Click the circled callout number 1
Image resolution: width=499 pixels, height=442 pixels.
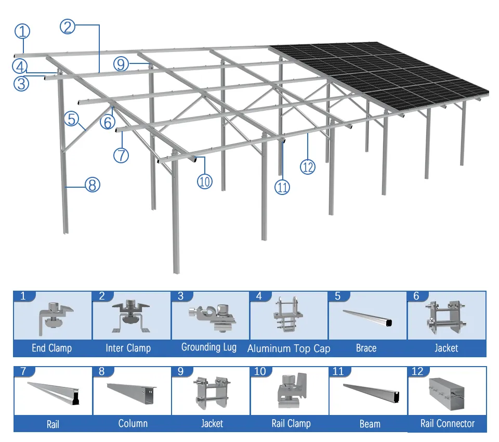(x=22, y=31)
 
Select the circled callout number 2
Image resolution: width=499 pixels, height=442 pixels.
(x=68, y=26)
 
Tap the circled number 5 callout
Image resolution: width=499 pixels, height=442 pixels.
(x=72, y=119)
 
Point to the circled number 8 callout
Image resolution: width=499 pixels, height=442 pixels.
(x=93, y=184)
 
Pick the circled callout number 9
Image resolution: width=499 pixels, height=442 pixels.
(x=121, y=64)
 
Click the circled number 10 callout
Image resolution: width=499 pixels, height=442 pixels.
(x=205, y=181)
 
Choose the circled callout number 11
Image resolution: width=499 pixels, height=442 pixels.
(x=282, y=188)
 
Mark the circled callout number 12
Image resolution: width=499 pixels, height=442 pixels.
(x=308, y=166)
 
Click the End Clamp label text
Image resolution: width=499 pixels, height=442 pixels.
(x=51, y=348)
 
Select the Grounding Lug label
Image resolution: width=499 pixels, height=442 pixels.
(x=208, y=347)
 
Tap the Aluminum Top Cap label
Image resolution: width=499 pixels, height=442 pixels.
(x=288, y=348)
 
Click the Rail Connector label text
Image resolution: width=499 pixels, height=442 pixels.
(x=447, y=423)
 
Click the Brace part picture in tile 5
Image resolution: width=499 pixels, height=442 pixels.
(x=367, y=317)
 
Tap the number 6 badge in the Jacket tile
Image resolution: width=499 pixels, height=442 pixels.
(x=416, y=296)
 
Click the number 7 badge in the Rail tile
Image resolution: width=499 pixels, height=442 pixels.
(x=23, y=372)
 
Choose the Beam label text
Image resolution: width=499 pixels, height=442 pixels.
(x=370, y=424)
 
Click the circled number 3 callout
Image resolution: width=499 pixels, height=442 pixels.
(x=21, y=83)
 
